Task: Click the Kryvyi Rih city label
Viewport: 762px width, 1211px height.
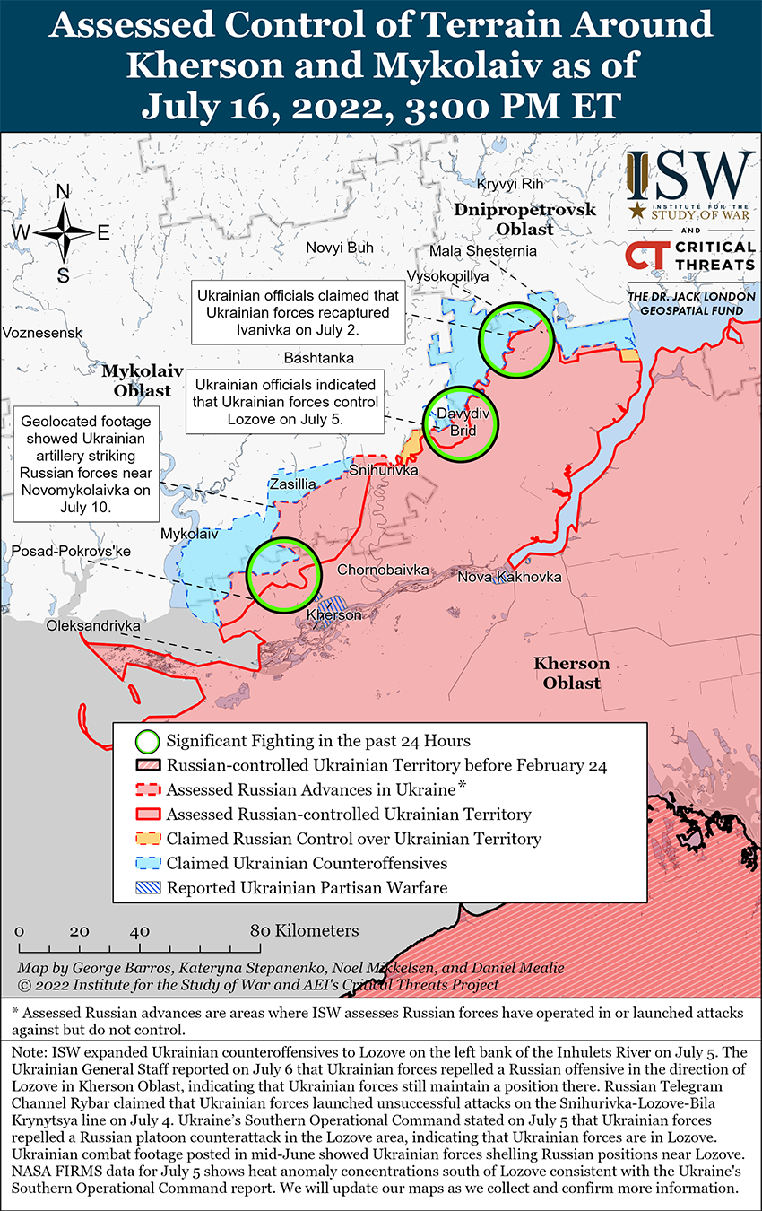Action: (510, 184)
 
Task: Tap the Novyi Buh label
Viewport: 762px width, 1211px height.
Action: (339, 248)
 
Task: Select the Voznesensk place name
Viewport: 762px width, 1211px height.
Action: (42, 333)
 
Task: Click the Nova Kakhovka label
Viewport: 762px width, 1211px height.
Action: (509, 576)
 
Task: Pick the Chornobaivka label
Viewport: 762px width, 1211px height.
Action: (384, 570)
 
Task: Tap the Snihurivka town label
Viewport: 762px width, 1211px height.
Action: (383, 470)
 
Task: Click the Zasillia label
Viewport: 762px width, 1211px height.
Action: (293, 484)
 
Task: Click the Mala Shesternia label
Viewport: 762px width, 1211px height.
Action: (483, 250)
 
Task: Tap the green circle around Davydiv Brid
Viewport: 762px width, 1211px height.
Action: (460, 423)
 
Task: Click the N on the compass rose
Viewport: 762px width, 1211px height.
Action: (64, 191)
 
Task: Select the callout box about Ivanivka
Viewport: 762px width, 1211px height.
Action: (297, 313)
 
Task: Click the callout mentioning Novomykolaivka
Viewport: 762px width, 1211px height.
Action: (86, 464)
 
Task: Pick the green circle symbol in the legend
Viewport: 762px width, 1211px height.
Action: (148, 742)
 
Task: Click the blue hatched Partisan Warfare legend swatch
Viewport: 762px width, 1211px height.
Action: (148, 888)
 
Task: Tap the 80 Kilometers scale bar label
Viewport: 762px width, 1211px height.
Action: (304, 930)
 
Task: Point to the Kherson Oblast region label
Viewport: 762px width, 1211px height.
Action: (571, 673)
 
